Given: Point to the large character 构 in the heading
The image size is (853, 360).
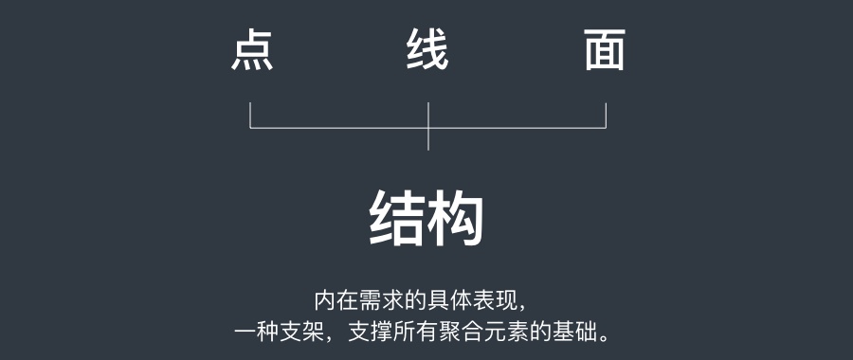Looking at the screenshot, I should pyautogui.click(x=456, y=219).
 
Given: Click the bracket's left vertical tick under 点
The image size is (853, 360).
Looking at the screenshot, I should pyautogui.click(x=250, y=115).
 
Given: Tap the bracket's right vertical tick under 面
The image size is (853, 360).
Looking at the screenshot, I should pyautogui.click(x=606, y=115).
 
